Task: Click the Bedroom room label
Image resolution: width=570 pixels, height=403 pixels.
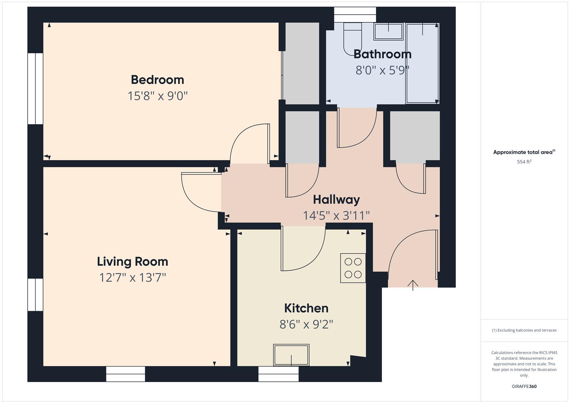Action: point(157,79)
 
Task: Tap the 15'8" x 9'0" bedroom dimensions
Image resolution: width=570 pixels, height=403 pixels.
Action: point(157,96)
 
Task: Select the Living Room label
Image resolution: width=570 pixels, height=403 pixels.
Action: point(133,261)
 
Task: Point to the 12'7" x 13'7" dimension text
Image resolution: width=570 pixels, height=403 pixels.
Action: point(133,278)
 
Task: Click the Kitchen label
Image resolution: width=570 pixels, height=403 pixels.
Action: point(306,308)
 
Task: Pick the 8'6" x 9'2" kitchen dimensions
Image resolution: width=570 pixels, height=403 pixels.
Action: point(306,324)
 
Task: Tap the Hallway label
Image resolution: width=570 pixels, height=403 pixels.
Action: point(336,199)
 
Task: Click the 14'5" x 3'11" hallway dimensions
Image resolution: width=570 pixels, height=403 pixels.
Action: point(336,215)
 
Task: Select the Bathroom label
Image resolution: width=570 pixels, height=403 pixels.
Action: point(382,54)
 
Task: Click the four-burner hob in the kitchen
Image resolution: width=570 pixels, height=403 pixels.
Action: point(353,268)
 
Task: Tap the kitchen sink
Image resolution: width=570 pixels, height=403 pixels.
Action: point(291,355)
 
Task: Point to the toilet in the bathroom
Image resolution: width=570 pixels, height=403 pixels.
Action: point(352,37)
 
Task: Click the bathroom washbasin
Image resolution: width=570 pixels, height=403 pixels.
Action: point(389,31)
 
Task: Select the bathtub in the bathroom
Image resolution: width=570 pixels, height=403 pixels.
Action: point(422,63)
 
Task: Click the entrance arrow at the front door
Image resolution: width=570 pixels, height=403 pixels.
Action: point(413,285)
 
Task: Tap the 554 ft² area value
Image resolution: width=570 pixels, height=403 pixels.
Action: point(524,162)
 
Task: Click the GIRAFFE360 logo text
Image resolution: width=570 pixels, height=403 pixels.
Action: point(524,386)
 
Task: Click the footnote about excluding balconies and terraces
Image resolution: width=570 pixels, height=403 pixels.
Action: point(524,330)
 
